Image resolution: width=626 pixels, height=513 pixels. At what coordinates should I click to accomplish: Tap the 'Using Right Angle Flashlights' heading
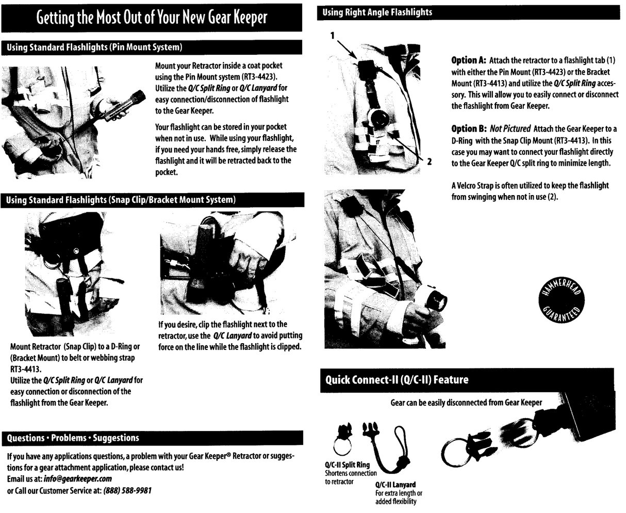tap(377, 12)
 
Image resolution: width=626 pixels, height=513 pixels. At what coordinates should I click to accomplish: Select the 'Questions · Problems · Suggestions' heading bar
tap(73, 438)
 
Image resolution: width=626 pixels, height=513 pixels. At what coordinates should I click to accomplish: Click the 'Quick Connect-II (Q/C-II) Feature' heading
tap(397, 380)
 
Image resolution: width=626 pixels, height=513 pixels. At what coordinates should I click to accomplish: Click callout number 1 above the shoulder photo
tap(333, 35)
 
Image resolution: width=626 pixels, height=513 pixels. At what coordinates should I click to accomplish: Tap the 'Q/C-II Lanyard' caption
tap(395, 485)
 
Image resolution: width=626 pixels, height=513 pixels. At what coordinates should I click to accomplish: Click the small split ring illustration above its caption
tap(340, 440)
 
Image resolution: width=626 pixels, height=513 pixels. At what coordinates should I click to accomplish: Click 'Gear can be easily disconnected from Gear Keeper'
tap(466, 403)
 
